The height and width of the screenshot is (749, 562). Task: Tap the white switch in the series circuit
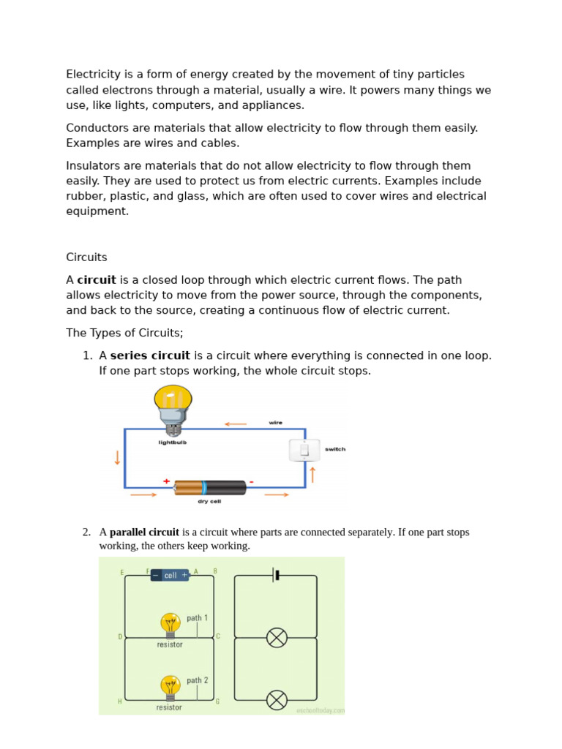(304, 450)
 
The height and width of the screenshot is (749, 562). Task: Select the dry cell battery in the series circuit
(210, 487)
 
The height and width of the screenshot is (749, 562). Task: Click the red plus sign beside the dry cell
(167, 481)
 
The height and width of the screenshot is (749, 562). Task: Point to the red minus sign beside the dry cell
(251, 481)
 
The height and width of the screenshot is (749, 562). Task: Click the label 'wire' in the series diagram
(275, 423)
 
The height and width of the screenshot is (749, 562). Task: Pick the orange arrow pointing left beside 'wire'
(235, 424)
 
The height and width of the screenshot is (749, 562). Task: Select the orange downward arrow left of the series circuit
(116, 458)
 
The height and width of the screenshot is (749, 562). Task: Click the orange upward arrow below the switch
(313, 474)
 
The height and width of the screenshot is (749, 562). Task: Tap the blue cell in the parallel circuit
(170, 575)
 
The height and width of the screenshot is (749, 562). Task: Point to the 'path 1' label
(197, 618)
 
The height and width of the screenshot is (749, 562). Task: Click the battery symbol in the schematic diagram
(276, 575)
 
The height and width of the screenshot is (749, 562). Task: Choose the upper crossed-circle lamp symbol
(277, 638)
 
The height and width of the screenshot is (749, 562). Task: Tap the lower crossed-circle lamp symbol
(277, 700)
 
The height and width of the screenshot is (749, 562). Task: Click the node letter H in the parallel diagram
(120, 701)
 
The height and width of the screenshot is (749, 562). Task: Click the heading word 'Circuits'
(86, 257)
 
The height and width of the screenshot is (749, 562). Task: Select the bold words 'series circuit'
(150, 355)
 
